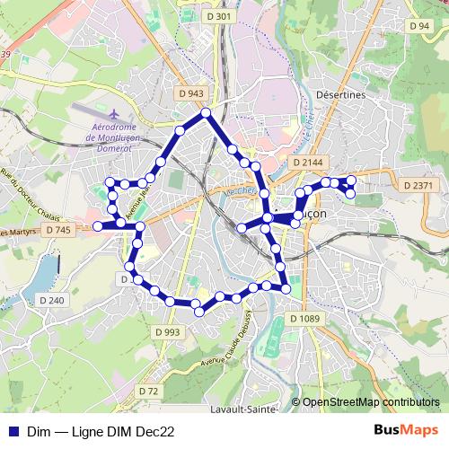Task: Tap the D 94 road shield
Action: click(x=418, y=26)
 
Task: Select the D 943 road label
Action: click(x=191, y=92)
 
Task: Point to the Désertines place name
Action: click(x=342, y=93)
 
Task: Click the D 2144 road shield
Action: click(x=308, y=162)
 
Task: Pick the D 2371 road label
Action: click(x=418, y=185)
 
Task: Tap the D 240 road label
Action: click(x=51, y=300)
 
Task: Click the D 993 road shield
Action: click(x=167, y=332)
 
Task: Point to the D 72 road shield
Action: click(x=148, y=392)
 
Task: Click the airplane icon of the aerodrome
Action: click(x=114, y=115)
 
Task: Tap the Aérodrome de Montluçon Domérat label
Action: click(x=120, y=137)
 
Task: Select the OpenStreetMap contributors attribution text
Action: click(x=371, y=402)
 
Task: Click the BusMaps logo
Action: click(x=407, y=430)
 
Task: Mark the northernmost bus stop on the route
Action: click(x=206, y=112)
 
